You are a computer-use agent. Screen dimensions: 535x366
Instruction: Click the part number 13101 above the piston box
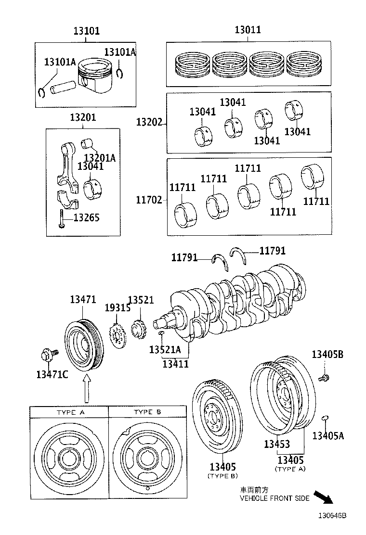pos(86,31)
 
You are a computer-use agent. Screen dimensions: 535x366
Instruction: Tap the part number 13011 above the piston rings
pos(248,30)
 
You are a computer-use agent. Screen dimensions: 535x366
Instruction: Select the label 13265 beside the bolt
pos(86,217)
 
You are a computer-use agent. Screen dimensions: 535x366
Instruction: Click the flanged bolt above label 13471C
pos(47,356)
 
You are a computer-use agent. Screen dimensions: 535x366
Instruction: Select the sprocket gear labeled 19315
pos(117,335)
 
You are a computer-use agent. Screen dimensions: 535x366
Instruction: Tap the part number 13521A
pos(165,349)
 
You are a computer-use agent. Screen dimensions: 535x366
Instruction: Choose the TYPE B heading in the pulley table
pos(147,412)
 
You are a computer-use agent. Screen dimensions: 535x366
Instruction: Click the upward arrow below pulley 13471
pos(86,389)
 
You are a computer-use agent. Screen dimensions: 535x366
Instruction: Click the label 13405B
pos(327,355)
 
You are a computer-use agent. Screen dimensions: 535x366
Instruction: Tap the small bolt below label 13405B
pos(325,378)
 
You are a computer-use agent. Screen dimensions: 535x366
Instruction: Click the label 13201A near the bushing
pos(100,157)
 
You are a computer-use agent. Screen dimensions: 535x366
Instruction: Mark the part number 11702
pos(149,200)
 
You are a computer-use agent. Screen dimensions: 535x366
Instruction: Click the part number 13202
pos(149,122)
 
